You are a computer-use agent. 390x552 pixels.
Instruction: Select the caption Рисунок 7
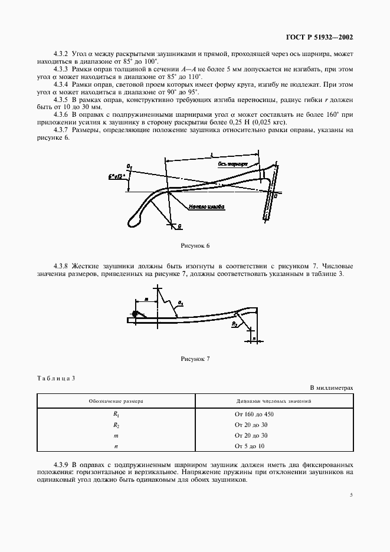pyautogui.click(x=195, y=359)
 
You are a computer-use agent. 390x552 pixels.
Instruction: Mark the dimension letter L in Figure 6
pyautogui.click(x=211, y=155)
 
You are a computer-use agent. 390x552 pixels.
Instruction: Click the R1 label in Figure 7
pyautogui.click(x=181, y=303)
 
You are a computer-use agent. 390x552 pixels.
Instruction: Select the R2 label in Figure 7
pyautogui.click(x=234, y=324)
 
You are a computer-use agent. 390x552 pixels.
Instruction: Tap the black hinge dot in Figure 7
pyautogui.click(x=136, y=315)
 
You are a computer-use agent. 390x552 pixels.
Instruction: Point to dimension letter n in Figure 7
pyautogui.click(x=253, y=340)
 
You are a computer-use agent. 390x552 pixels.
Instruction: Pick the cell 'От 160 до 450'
pyautogui.click(x=254, y=414)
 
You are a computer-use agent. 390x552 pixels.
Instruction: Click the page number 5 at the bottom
pyautogui.click(x=351, y=495)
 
